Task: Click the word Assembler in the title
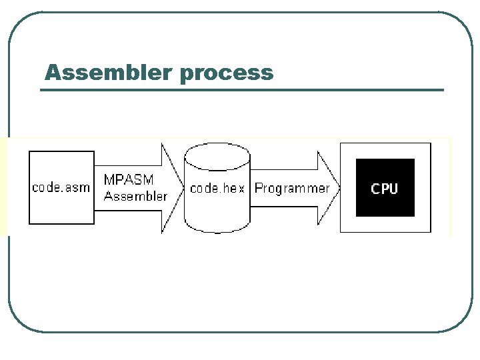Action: pos(108,72)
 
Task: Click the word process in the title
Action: pos(227,75)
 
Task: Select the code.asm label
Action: pos(61,187)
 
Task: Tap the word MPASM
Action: pos(129,179)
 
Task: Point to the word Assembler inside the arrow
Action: pos(135,196)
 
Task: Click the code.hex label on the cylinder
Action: pos(217,188)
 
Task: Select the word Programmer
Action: pos(292,189)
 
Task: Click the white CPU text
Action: pos(385,189)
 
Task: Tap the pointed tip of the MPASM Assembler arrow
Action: pos(184,188)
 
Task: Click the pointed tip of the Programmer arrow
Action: pos(339,188)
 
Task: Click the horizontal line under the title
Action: pos(242,90)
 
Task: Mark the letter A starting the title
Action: pos(54,72)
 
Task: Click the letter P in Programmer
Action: pos(259,187)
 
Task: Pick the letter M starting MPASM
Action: pos(109,179)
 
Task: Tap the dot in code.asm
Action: pos(60,192)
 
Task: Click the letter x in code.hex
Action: pos(241,189)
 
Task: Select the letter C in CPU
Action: pos(375,189)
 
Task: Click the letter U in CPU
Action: pos(394,189)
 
